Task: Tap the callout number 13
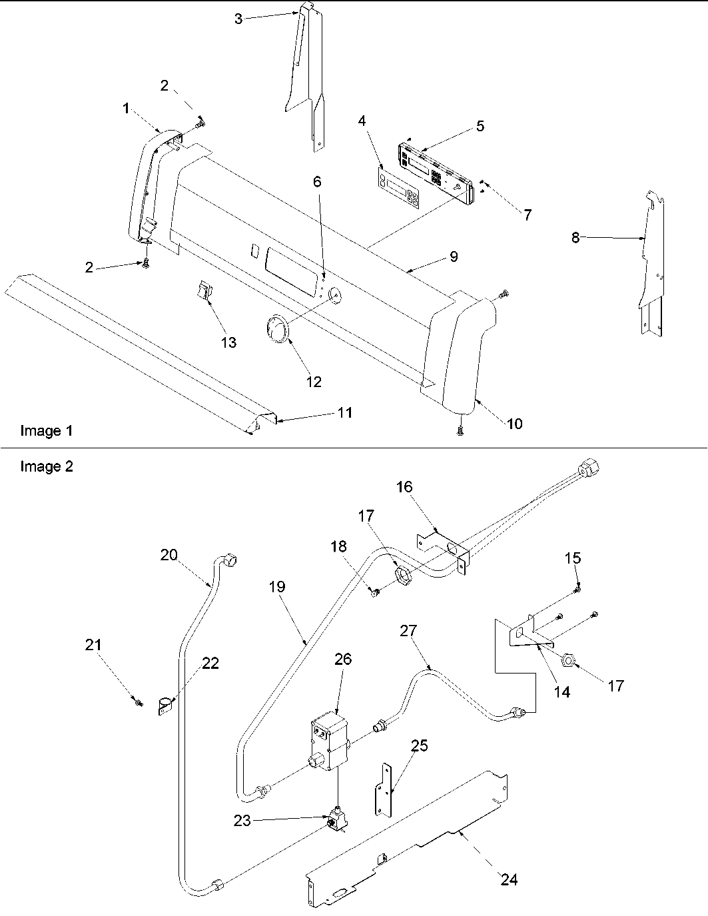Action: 228,342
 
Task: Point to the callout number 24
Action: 509,880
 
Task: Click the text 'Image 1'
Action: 46,431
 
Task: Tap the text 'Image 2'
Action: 46,466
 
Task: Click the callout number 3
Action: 238,19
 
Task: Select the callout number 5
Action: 480,126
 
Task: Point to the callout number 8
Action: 575,237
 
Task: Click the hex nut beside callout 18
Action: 404,575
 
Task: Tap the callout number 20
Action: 169,554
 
